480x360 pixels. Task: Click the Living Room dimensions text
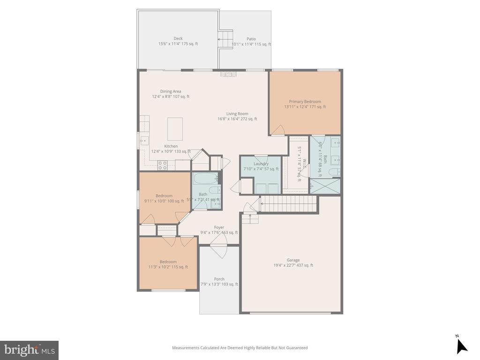(x=237, y=119)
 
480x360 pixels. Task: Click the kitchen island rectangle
(x=175, y=129)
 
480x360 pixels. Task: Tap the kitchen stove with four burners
(x=163, y=165)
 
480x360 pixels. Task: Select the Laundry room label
(x=261, y=164)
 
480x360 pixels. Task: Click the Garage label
(x=293, y=260)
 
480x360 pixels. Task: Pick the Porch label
(x=219, y=279)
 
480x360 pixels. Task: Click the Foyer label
(x=219, y=227)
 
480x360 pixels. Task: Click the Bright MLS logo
(x=29, y=350)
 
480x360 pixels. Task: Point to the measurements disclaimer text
(x=240, y=348)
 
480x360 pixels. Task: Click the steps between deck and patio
(x=226, y=37)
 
